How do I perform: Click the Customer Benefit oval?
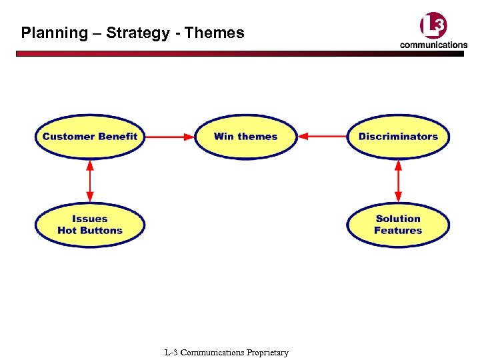(90, 137)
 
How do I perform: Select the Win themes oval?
(245, 137)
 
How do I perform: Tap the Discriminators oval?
(398, 137)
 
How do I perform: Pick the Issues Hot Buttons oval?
(90, 225)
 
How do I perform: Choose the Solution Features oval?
(398, 225)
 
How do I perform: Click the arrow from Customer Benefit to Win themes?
(169, 137)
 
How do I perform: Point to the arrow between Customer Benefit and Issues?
(90, 181)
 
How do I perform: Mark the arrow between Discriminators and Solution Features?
(398, 181)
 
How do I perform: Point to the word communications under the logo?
(433, 45)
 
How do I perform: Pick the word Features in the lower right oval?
(398, 231)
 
